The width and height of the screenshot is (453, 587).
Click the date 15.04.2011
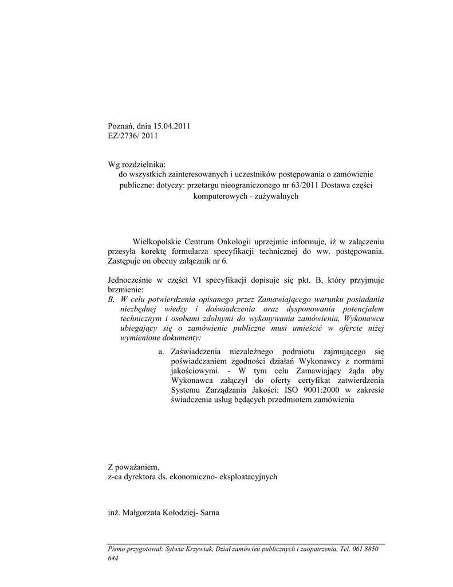171,126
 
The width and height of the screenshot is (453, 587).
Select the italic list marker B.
111,299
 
